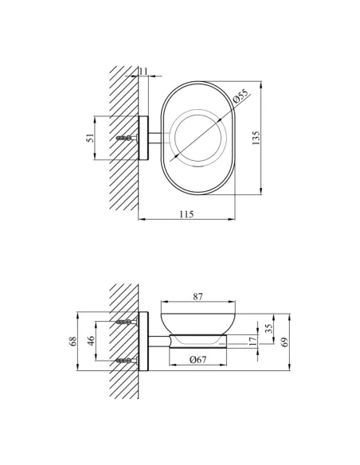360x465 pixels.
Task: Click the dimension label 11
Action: (143, 72)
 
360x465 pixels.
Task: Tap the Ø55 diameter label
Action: (241, 96)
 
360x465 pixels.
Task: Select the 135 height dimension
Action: (256, 138)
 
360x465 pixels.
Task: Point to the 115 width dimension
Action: (186, 214)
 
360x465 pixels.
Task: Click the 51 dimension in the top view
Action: (90, 138)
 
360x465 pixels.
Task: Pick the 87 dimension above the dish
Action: (198, 296)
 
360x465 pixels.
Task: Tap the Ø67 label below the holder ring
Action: (198, 359)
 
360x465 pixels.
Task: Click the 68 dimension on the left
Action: (73, 341)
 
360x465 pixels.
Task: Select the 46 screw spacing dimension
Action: (91, 341)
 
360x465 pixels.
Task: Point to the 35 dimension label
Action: (268, 328)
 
